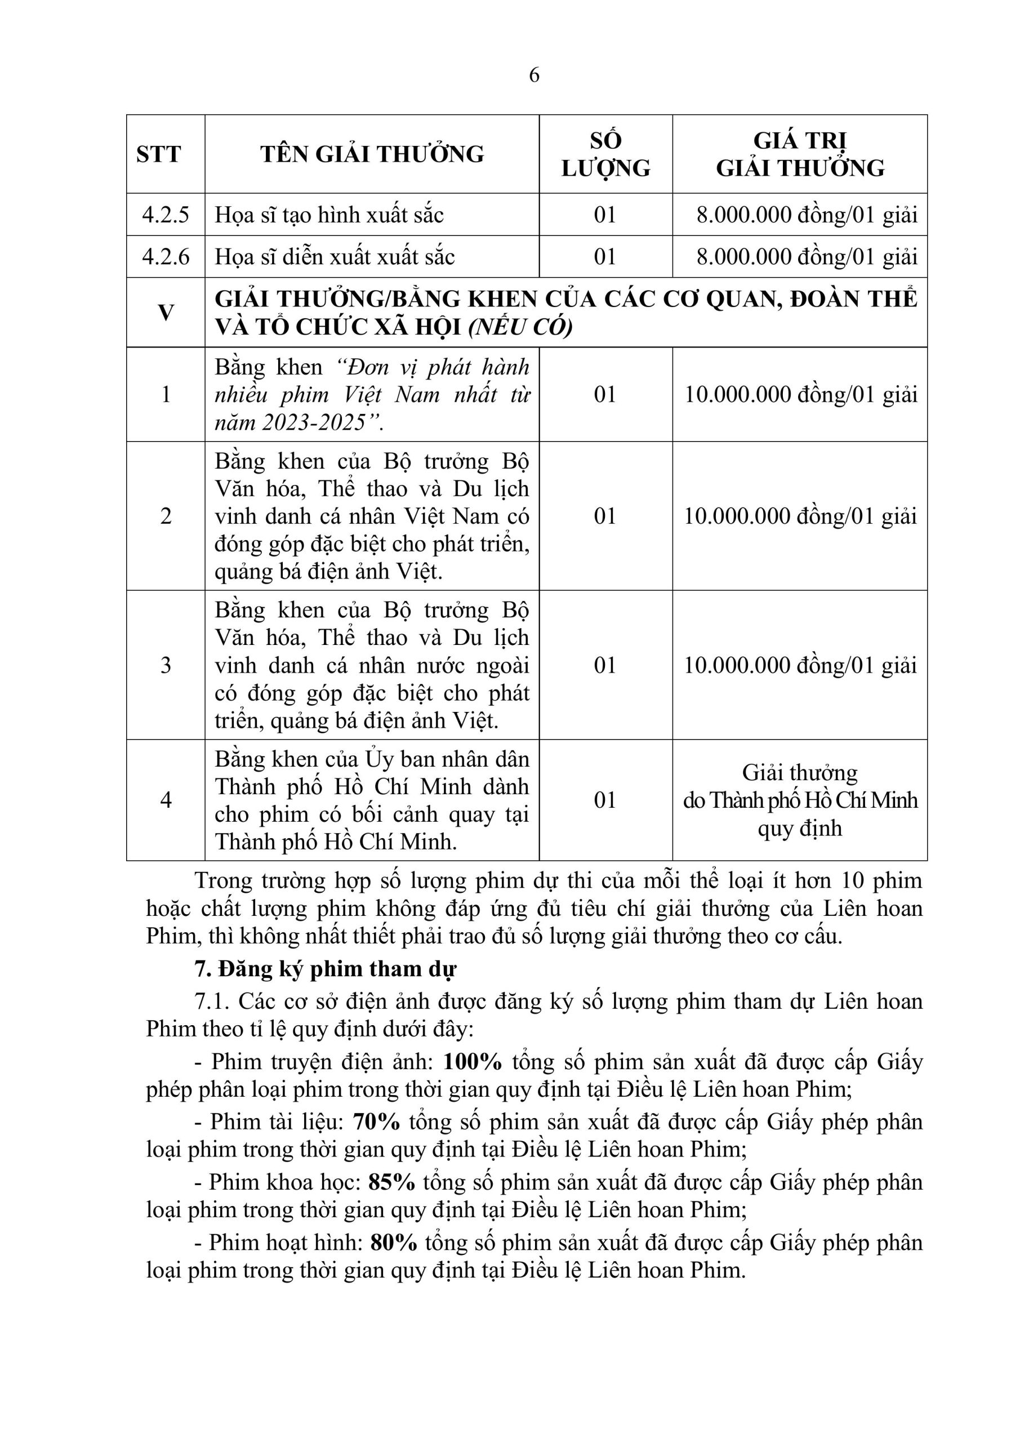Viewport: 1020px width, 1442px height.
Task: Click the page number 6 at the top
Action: (534, 75)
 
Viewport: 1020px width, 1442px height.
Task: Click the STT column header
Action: (158, 154)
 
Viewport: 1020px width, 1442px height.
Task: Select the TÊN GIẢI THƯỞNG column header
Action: (372, 154)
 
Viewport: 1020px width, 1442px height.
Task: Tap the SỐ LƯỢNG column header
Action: (605, 154)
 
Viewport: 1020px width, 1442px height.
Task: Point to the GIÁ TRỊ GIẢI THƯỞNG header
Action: (800, 154)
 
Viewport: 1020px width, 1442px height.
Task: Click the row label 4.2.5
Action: (165, 215)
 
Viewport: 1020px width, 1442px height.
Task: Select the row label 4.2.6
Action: (165, 256)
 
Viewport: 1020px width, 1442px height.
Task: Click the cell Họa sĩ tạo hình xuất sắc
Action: (329, 215)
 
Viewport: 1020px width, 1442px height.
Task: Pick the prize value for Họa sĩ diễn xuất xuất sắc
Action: (807, 256)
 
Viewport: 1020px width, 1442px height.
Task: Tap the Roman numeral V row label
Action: (165, 312)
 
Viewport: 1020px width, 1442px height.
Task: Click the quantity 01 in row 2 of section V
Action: (605, 515)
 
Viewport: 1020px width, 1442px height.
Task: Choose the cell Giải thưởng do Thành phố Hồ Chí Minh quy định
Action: (800, 799)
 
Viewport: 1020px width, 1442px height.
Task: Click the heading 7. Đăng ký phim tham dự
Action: (325, 969)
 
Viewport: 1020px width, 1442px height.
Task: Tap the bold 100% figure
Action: (473, 1061)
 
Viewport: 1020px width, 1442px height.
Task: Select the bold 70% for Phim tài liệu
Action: (376, 1121)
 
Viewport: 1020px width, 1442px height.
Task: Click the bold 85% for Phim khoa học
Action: (392, 1182)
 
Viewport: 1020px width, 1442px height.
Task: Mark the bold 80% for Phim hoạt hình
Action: (394, 1242)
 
